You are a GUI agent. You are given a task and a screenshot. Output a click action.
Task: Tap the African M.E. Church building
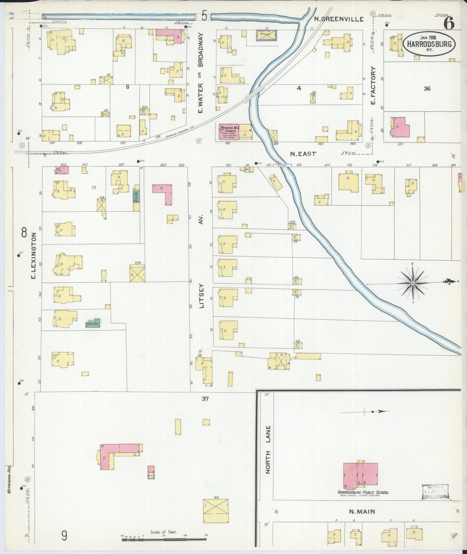click(x=229, y=132)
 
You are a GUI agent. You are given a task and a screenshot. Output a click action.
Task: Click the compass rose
click(x=413, y=283)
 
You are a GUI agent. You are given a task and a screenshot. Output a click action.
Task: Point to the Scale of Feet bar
click(x=164, y=540)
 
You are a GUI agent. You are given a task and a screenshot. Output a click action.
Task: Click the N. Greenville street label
click(x=339, y=19)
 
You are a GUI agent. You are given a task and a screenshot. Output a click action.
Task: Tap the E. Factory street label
click(x=373, y=86)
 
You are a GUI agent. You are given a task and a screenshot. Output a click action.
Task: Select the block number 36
click(x=427, y=89)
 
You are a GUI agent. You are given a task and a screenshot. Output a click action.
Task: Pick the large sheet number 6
click(x=449, y=23)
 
